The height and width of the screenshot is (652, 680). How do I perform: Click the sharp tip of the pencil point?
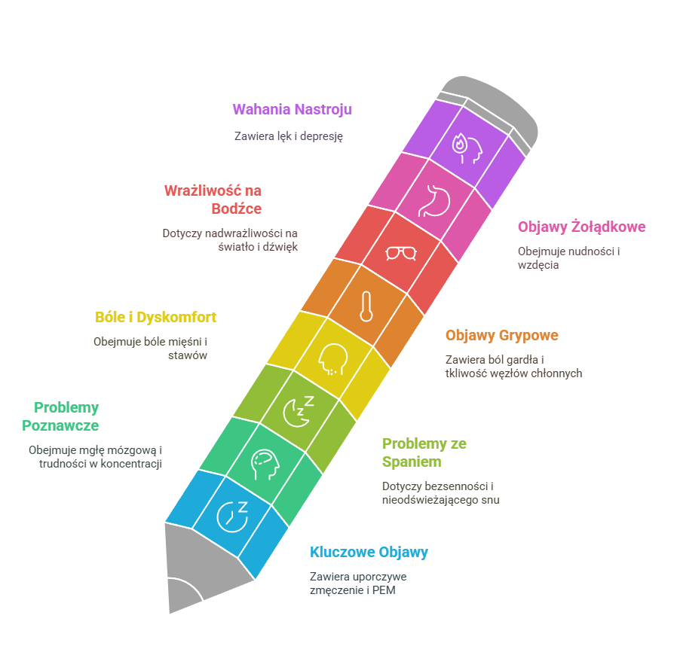click(170, 613)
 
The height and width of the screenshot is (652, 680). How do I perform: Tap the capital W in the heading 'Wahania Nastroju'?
click(238, 110)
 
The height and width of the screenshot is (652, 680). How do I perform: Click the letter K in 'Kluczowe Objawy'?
click(314, 553)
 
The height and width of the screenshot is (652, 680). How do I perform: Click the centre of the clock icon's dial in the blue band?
click(231, 517)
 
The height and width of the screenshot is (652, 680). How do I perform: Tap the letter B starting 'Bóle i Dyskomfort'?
click(100, 318)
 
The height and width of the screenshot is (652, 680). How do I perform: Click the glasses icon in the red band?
click(401, 253)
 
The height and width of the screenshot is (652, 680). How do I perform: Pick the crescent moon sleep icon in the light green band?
click(299, 411)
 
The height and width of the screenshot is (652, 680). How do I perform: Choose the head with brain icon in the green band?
click(265, 465)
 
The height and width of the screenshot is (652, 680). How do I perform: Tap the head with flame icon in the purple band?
click(467, 148)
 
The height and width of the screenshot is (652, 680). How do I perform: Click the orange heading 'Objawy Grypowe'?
click(502, 335)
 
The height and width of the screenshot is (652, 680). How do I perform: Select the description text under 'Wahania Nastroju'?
click(289, 136)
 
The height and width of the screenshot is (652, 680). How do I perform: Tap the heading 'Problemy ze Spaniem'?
click(424, 452)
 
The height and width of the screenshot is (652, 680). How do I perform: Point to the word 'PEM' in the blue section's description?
click(384, 590)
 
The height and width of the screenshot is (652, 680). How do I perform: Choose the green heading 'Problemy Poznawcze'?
click(60, 417)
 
